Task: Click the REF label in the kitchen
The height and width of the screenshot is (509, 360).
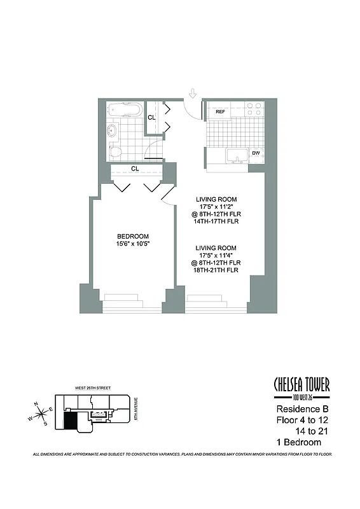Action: (221, 112)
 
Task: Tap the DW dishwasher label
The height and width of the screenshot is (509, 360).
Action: (256, 153)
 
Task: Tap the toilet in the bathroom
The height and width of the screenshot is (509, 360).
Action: (115, 151)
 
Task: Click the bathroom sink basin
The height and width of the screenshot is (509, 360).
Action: (112, 132)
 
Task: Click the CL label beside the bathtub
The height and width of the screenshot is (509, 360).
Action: (151, 118)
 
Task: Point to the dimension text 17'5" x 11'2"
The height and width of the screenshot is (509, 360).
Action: (216, 207)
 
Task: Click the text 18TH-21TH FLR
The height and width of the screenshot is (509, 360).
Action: (216, 270)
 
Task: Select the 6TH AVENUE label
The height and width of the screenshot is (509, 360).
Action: (136, 408)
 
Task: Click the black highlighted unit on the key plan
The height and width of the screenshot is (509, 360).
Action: (68, 420)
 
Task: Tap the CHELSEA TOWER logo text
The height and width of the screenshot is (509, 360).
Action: (301, 385)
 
